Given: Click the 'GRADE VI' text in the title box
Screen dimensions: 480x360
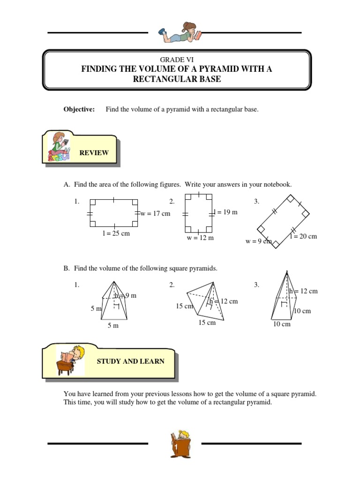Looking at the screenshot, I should [176, 60].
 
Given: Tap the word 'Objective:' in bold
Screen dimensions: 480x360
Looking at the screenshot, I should [79, 109].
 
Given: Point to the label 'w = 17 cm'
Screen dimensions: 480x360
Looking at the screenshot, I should [155, 214].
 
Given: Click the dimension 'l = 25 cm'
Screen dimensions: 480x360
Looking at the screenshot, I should [116, 233].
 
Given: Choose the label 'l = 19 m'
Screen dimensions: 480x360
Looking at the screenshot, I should [225, 212].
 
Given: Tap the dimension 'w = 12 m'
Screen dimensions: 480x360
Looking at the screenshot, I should [200, 238].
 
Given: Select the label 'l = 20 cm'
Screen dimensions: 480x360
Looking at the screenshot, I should [303, 236].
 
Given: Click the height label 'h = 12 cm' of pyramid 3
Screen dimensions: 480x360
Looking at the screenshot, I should [303, 291].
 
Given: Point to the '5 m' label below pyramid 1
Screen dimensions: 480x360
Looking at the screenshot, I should [113, 325].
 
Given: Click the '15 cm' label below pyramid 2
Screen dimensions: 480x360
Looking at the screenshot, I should [207, 323].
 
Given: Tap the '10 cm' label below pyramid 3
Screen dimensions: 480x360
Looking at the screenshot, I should [282, 324].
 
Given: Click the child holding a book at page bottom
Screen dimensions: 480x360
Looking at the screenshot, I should [180, 443].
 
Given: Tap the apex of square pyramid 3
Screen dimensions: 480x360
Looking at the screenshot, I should [286, 272].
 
